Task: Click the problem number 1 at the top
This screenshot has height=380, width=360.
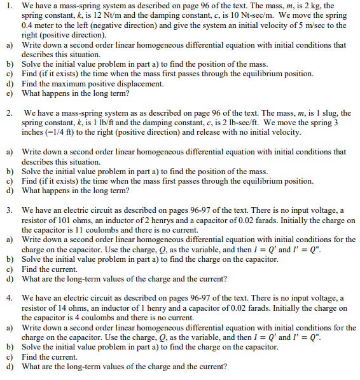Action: pyautogui.click(x=8, y=5)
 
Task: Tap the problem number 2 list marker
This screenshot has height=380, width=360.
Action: pyautogui.click(x=8, y=114)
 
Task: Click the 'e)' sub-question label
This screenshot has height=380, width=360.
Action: pyautogui.click(x=10, y=93)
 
